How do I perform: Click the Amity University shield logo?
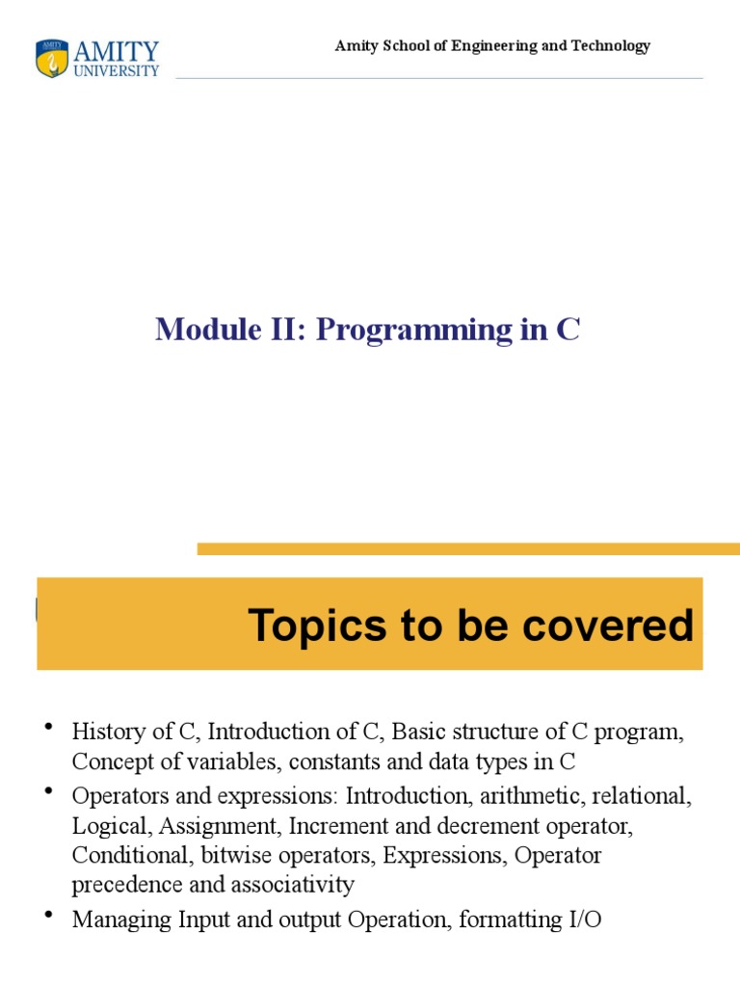(52, 59)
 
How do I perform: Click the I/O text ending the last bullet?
(584, 920)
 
